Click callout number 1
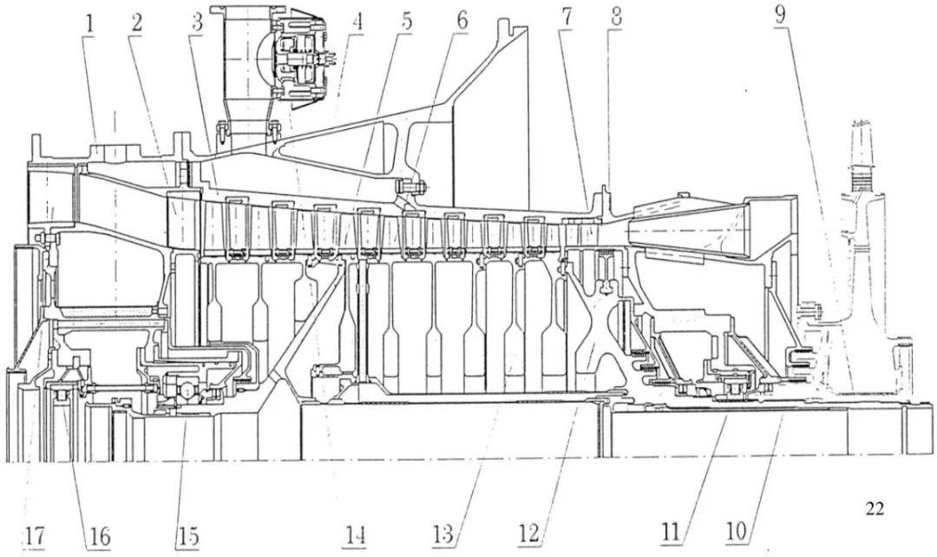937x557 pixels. click(88, 22)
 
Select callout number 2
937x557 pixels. click(136, 22)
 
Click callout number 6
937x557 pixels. click(461, 20)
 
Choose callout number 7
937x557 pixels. click(565, 20)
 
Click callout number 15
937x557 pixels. click(187, 535)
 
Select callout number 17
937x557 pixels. click(33, 535)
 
